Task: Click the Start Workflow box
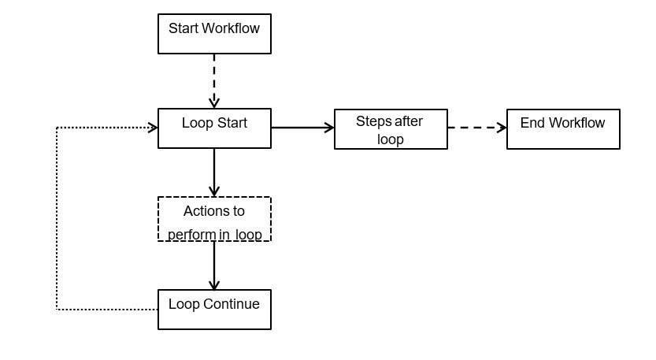click(214, 34)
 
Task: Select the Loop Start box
click(214, 128)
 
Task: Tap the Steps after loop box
click(391, 129)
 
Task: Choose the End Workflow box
click(563, 129)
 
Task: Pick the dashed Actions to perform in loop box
click(214, 219)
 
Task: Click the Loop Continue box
click(214, 310)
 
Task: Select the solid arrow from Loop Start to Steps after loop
click(302, 128)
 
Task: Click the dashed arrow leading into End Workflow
click(476, 128)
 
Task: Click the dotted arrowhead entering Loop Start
click(152, 127)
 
